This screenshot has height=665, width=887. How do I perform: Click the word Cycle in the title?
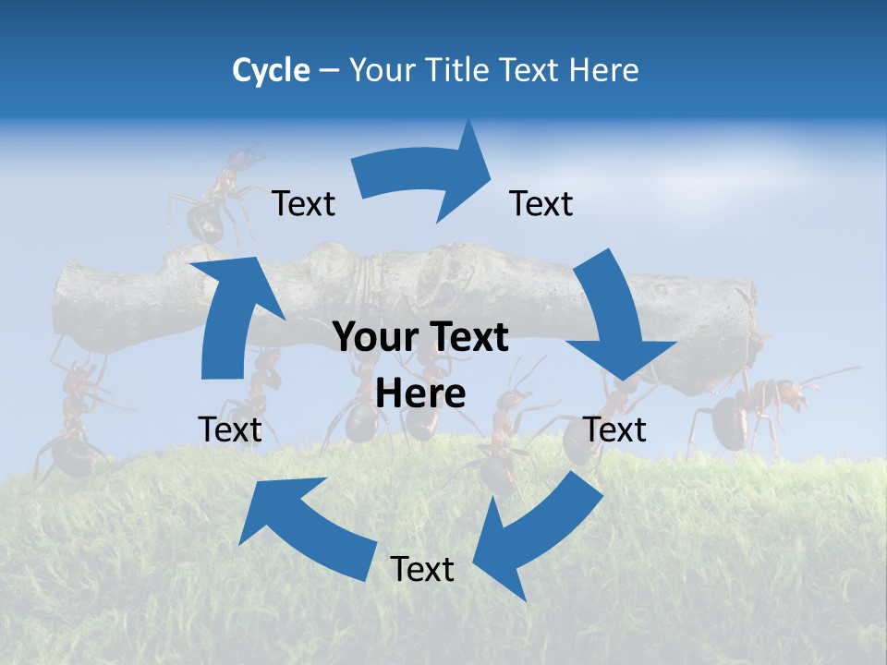pyautogui.click(x=270, y=70)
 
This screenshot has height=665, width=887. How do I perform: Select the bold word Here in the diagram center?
pyautogui.click(x=420, y=394)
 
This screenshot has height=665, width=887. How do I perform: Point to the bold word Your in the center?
pyautogui.click(x=370, y=338)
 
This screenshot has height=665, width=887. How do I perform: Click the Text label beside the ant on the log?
pyautogui.click(x=303, y=204)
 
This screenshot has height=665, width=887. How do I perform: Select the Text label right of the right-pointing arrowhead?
pyautogui.click(x=541, y=204)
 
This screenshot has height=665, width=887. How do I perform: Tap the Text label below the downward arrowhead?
pyautogui.click(x=615, y=429)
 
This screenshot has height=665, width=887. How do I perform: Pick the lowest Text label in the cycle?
pyautogui.click(x=422, y=570)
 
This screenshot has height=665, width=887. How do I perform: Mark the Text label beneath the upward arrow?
pyautogui.click(x=230, y=429)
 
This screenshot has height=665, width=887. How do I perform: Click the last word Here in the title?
pyautogui.click(x=605, y=70)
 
